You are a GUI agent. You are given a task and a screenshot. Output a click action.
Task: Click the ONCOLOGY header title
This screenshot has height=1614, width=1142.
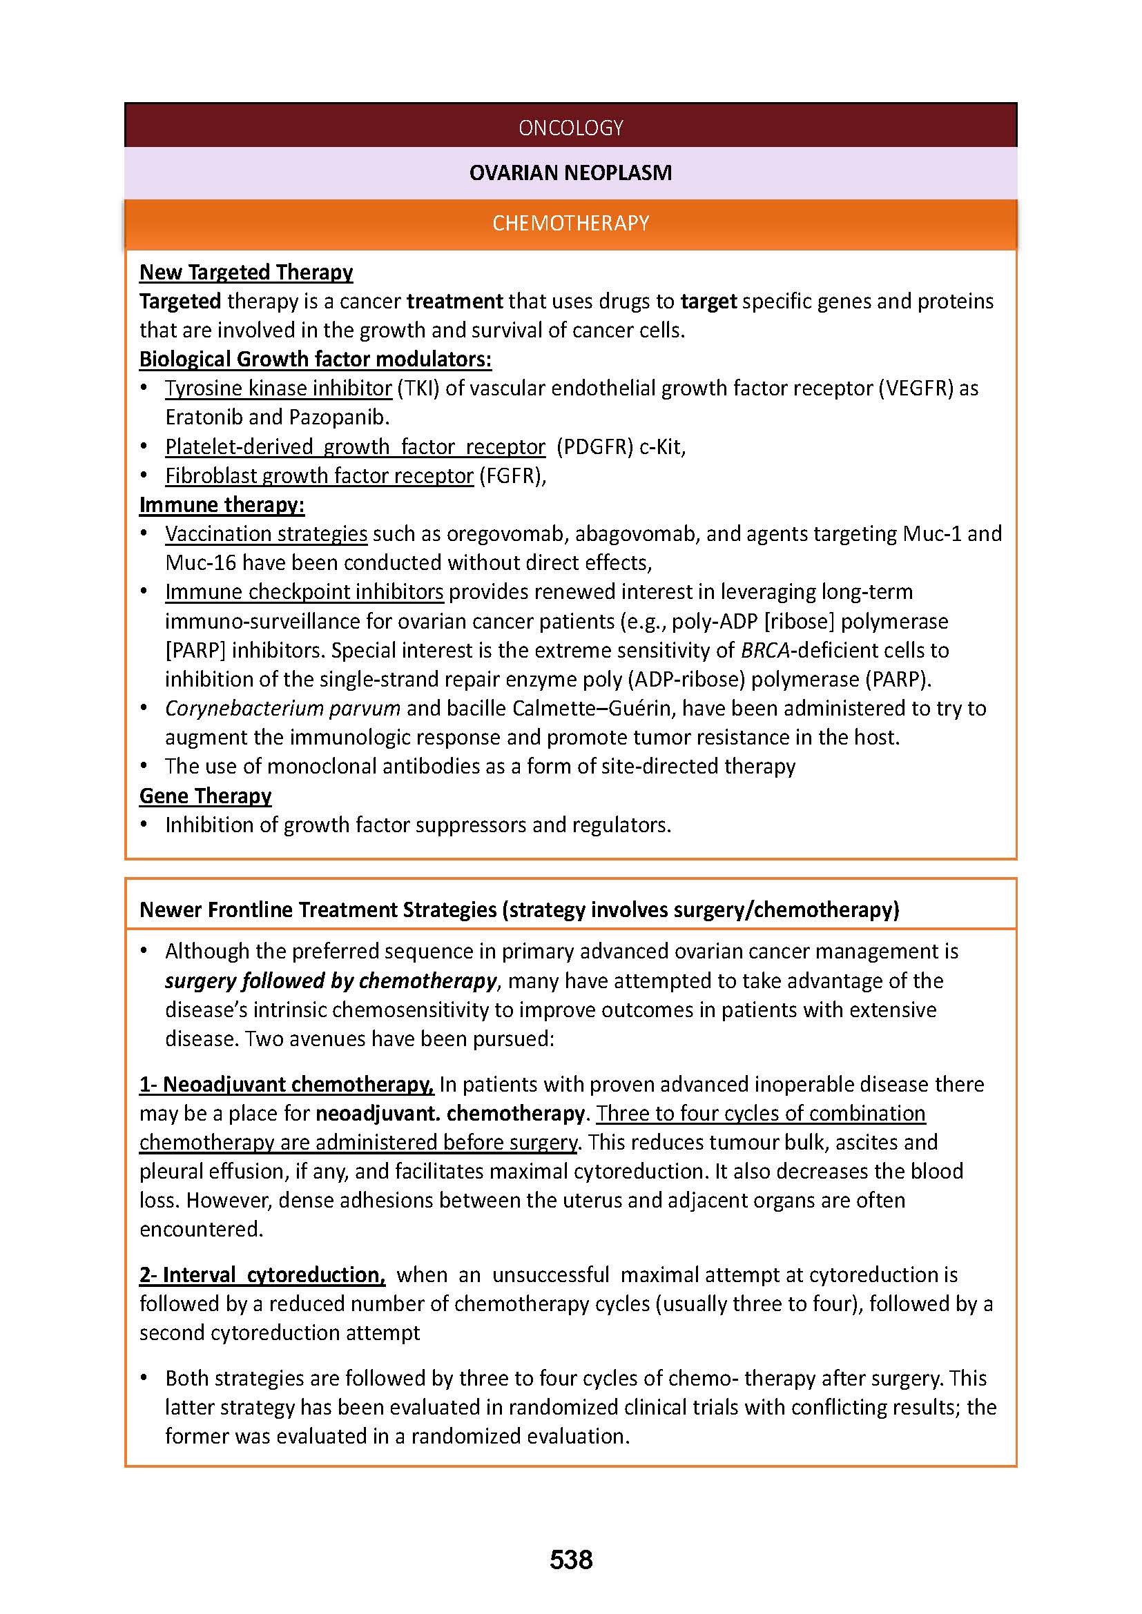point(570,127)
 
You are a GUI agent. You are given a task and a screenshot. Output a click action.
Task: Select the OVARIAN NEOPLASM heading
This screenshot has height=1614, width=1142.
point(570,173)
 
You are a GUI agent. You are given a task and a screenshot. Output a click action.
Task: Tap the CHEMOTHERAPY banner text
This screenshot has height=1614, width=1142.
point(570,224)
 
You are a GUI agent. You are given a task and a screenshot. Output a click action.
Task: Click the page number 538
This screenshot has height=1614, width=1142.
point(570,1560)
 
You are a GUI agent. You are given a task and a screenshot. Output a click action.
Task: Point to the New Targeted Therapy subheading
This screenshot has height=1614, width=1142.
point(246,272)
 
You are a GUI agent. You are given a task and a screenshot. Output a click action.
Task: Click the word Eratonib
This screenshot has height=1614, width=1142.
point(204,417)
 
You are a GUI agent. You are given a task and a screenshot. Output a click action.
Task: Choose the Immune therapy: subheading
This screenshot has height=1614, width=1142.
point(222,504)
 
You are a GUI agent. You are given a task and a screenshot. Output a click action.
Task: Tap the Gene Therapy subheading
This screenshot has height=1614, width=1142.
point(205,796)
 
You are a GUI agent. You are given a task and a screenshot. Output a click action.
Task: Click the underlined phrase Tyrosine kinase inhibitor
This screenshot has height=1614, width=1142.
point(278,388)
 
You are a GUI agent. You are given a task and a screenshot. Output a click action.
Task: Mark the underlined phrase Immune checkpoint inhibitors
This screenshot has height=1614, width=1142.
point(304,592)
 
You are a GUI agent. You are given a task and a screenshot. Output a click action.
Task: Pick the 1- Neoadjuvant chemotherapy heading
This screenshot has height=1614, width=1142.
point(287,1085)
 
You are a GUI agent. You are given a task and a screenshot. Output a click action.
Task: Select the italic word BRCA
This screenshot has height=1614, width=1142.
point(765,650)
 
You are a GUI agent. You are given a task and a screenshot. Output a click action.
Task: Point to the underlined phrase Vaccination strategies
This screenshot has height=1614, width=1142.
point(266,534)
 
